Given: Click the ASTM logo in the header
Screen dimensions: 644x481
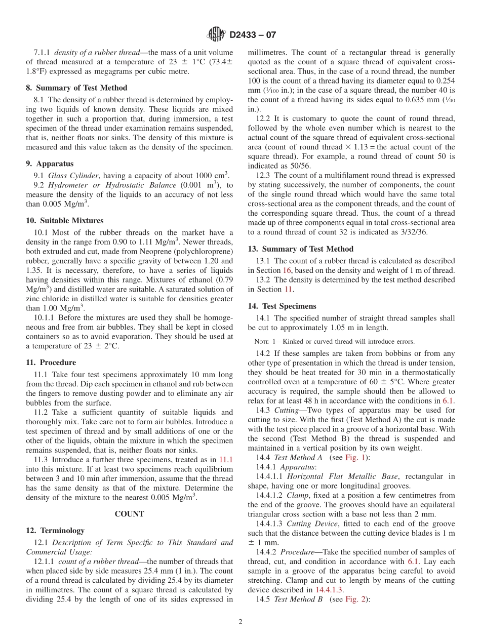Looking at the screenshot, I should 216,34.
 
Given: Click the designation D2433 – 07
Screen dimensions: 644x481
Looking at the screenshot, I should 253,35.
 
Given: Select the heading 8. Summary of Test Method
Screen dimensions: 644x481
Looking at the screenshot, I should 76,88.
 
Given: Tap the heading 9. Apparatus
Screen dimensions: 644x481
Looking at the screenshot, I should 50,164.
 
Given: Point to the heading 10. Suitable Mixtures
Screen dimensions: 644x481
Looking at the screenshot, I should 64,221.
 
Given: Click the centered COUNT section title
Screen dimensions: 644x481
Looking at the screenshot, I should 130,513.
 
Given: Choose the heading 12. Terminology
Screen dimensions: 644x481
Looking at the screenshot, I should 55,530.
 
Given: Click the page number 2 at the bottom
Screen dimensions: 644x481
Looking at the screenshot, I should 240,622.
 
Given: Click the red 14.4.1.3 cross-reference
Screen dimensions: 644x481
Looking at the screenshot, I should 329,589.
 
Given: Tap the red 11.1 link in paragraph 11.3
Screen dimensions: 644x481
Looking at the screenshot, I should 226,459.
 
